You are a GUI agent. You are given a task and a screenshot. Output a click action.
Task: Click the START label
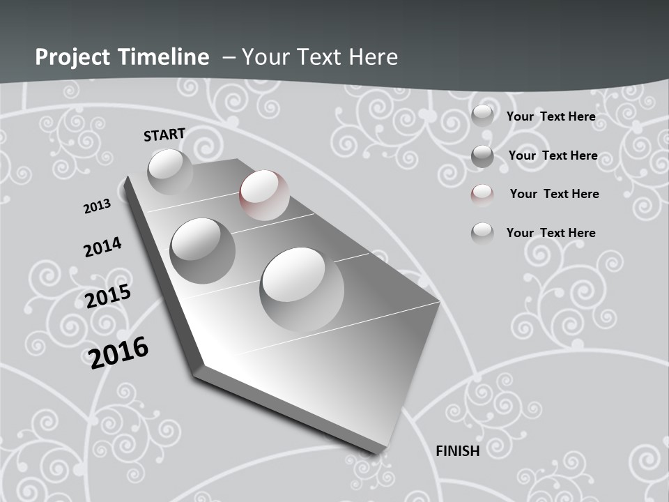click(x=164, y=135)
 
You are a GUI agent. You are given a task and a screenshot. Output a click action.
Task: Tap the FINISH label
click(x=458, y=451)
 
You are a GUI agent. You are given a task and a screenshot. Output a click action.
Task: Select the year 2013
click(x=97, y=206)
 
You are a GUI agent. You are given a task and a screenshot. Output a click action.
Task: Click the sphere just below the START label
click(x=169, y=171)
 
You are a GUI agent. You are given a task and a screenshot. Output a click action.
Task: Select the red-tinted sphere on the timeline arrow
click(x=264, y=195)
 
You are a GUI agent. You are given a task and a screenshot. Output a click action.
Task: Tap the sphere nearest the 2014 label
click(x=202, y=250)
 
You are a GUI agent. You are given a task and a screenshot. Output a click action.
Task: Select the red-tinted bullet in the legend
click(x=482, y=195)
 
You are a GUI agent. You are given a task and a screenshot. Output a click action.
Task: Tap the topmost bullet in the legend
click(x=482, y=116)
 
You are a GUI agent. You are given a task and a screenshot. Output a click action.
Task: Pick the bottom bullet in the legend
click(x=482, y=233)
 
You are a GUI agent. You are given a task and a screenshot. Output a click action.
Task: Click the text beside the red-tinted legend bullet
click(x=554, y=194)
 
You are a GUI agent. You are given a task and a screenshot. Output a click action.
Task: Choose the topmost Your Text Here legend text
click(x=551, y=116)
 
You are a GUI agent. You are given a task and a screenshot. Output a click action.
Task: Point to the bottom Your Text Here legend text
click(x=551, y=233)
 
